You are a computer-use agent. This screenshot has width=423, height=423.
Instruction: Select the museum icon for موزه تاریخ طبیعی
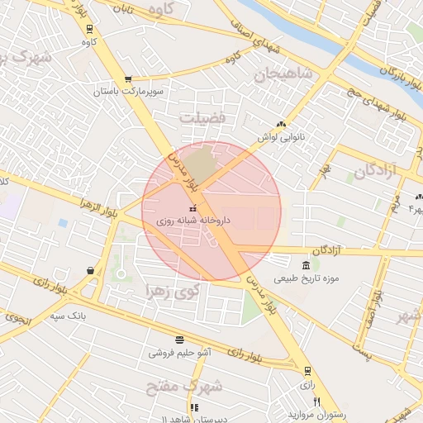pyautogui.click(x=307, y=265)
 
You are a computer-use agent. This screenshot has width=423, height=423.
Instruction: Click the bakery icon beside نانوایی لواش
pyautogui.click(x=282, y=124)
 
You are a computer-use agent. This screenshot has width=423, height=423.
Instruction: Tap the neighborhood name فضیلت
pyautogui.click(x=203, y=117)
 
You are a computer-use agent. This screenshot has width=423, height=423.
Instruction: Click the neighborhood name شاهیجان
pyautogui.click(x=284, y=75)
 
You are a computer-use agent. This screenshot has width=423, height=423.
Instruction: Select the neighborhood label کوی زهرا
pyautogui.click(x=173, y=291)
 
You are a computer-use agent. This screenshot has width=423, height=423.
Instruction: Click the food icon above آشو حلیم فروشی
pyautogui.click(x=180, y=340)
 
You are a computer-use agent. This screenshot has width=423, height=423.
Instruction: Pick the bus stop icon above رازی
pyautogui.click(x=307, y=370)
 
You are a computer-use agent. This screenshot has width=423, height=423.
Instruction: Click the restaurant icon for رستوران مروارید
pyautogui.click(x=292, y=401)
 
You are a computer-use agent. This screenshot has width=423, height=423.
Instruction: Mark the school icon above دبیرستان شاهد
pyautogui.click(x=194, y=408)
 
